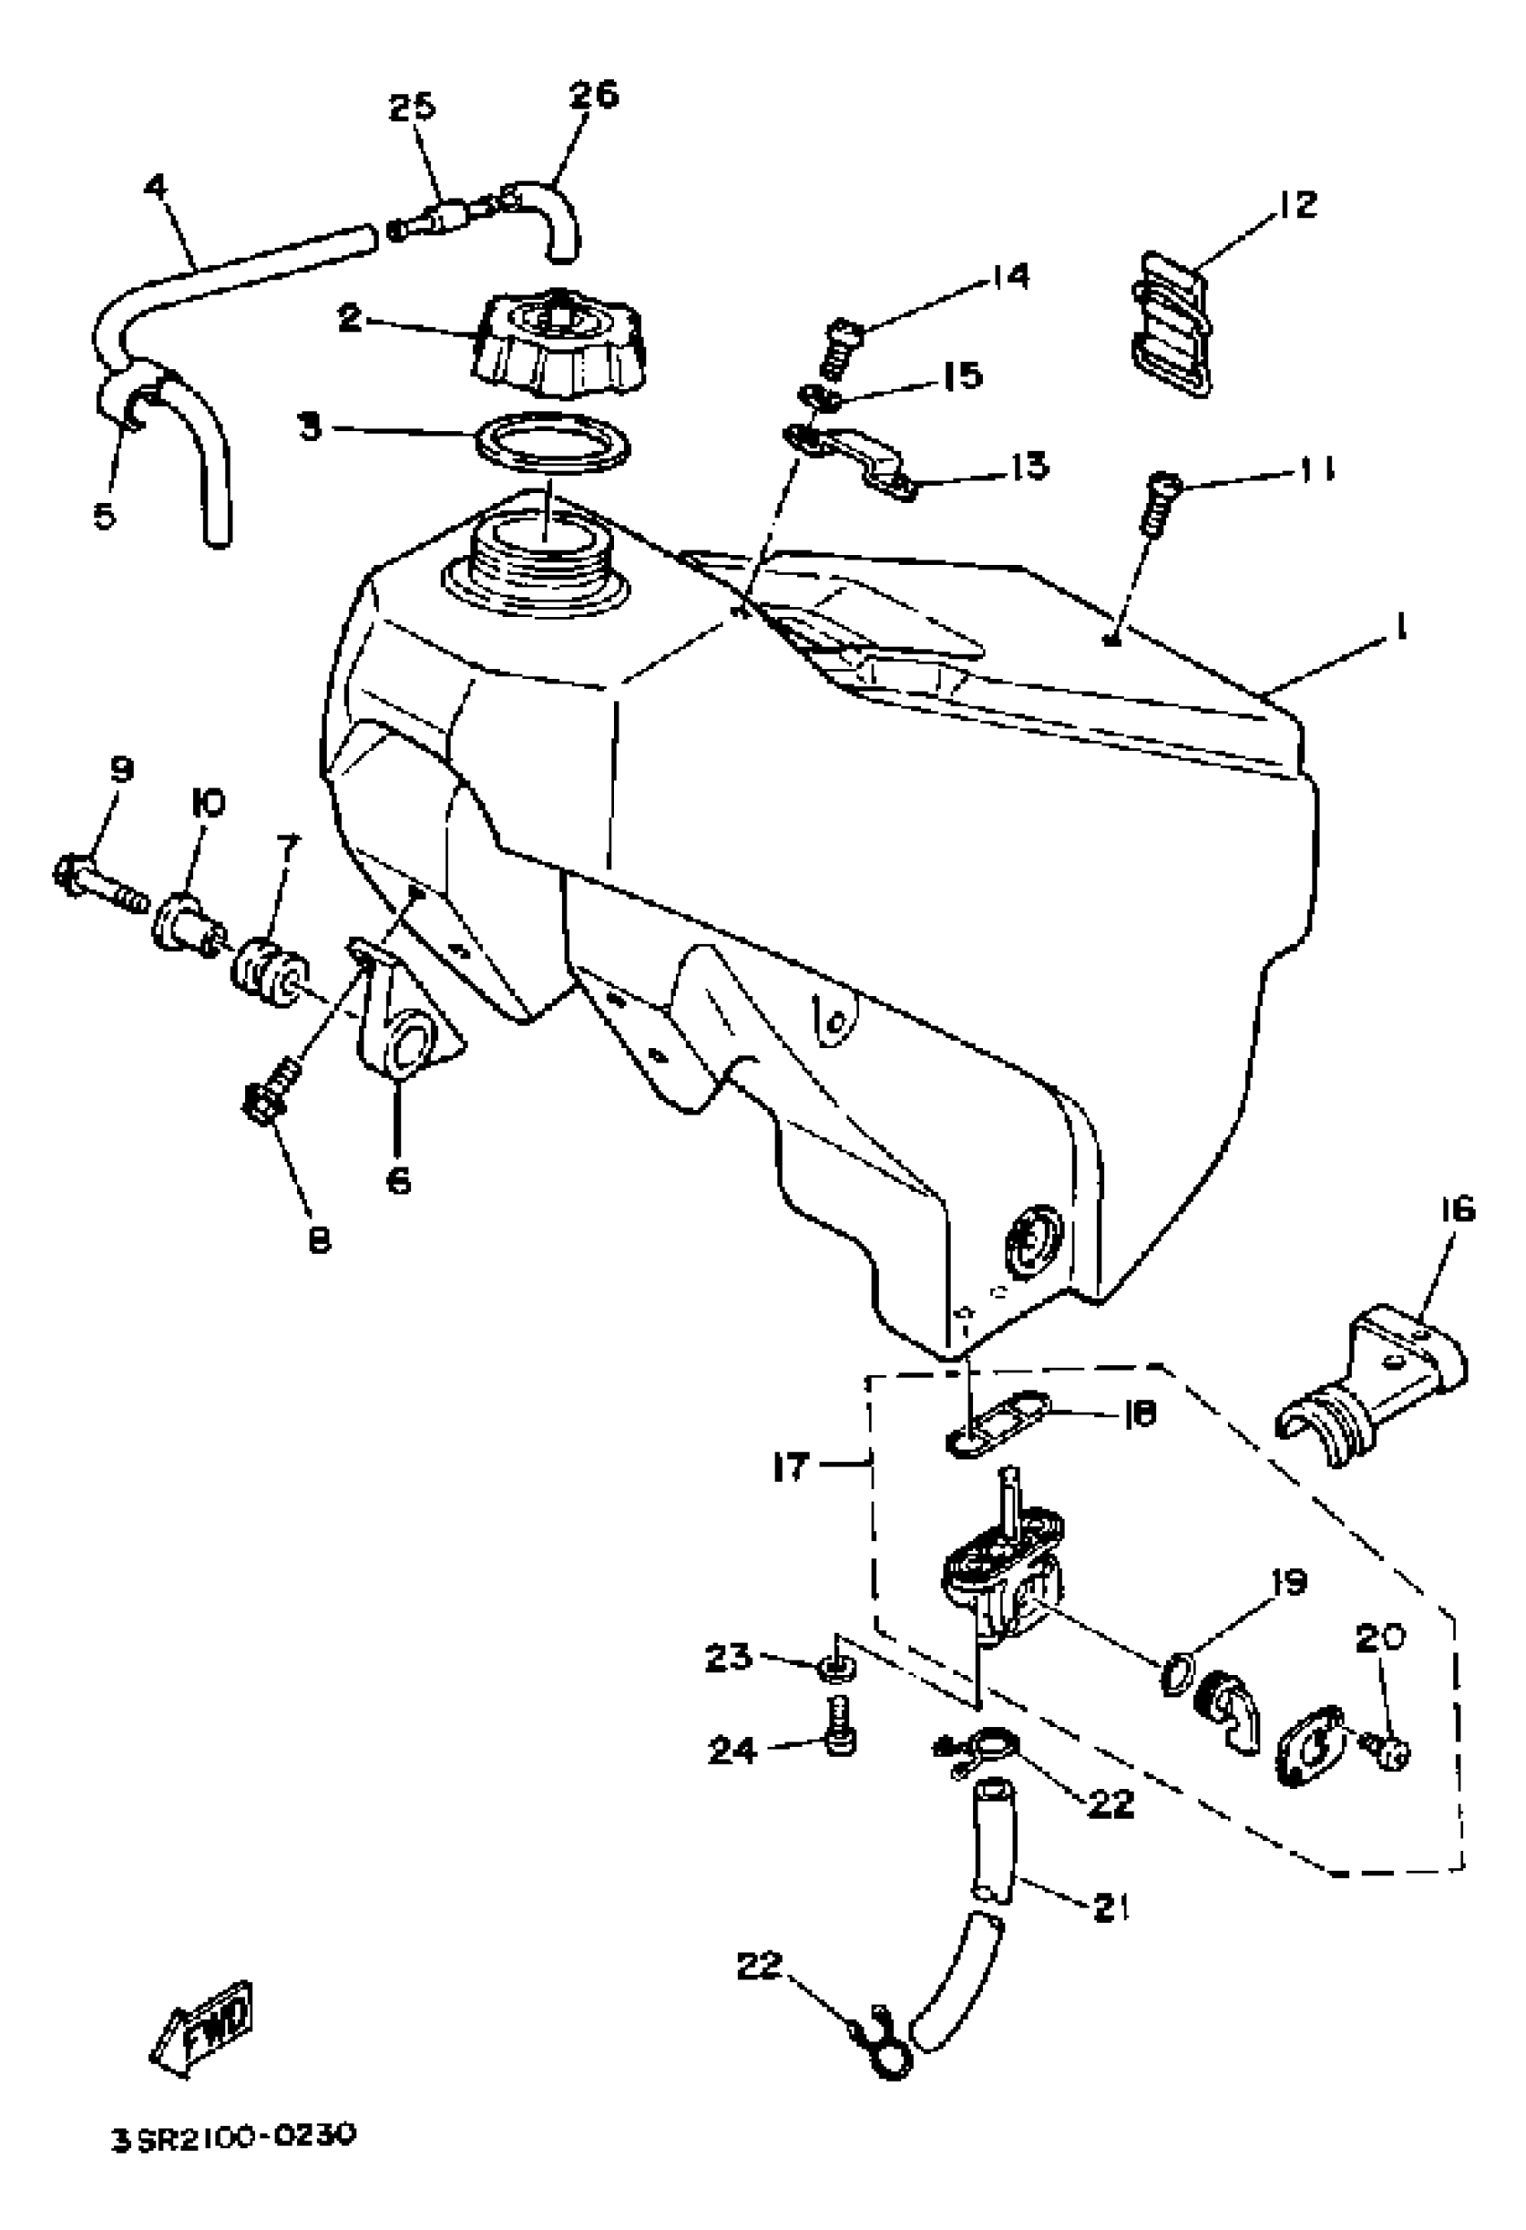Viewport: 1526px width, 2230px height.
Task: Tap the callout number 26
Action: [593, 95]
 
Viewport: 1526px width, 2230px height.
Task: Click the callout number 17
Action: [792, 1465]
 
